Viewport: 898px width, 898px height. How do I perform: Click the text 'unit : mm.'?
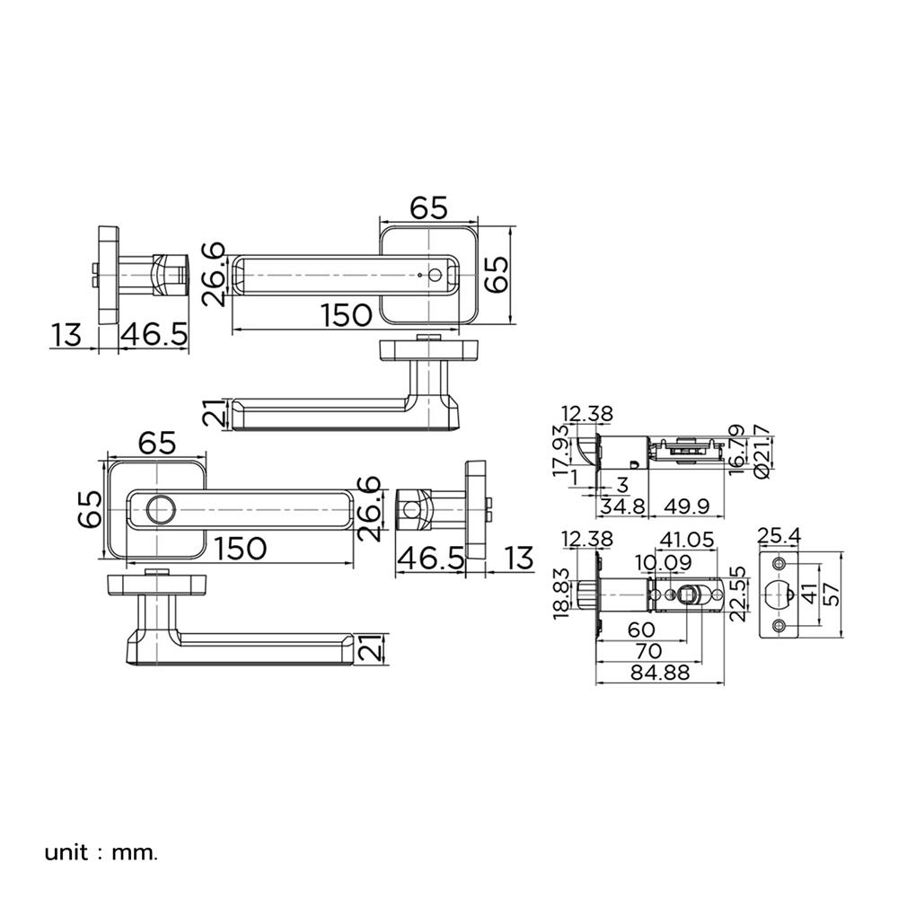[x=101, y=851]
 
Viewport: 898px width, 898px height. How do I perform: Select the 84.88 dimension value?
[x=659, y=673]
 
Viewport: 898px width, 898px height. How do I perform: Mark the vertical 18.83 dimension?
[x=564, y=594]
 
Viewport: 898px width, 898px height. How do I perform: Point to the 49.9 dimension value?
[x=686, y=506]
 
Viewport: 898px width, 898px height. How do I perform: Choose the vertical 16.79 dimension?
[x=737, y=447]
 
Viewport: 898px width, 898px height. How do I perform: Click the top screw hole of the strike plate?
[x=779, y=563]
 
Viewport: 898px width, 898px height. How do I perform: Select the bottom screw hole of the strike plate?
[x=779, y=625]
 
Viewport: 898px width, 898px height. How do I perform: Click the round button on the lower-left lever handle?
[x=162, y=510]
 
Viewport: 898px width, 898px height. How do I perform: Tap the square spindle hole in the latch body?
[x=690, y=594]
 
